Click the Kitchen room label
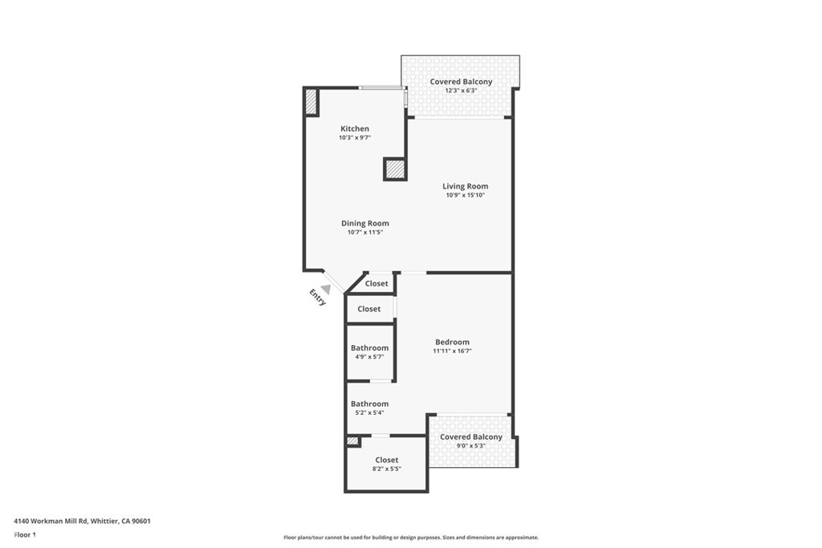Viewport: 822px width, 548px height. click(355, 128)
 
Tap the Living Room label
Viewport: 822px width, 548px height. click(465, 186)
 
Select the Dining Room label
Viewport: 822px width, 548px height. click(365, 223)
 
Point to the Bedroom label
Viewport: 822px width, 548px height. click(452, 342)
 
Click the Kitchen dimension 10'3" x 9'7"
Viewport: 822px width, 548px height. click(355, 138)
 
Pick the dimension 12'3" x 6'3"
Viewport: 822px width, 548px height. click(461, 91)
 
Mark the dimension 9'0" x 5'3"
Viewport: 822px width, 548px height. click(470, 446)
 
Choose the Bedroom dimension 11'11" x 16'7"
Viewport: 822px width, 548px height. click(452, 351)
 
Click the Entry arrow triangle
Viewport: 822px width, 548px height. click(326, 289)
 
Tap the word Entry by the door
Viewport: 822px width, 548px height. click(318, 298)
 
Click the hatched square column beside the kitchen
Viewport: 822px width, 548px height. click(395, 169)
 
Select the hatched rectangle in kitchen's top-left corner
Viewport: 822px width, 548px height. click(311, 102)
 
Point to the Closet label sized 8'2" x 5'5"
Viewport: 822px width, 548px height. click(387, 460)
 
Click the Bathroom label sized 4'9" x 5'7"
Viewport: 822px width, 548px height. click(369, 347)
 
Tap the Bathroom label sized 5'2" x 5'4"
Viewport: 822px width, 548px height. click(369, 404)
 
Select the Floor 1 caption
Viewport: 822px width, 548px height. click(25, 534)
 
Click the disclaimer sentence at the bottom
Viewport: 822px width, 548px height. click(410, 538)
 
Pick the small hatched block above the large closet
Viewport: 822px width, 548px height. click(352, 441)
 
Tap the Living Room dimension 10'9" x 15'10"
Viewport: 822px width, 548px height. click(466, 195)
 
